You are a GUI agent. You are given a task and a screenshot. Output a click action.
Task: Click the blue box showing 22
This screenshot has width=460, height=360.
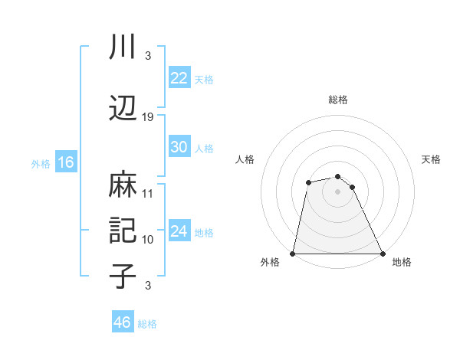(179, 78)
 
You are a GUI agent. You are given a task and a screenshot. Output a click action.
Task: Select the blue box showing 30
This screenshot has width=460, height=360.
(179, 147)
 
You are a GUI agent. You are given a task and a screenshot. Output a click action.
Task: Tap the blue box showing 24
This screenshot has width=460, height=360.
(179, 231)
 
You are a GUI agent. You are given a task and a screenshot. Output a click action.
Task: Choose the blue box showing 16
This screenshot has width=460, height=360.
(65, 162)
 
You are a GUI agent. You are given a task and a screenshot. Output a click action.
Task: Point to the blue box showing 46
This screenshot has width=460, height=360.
(123, 322)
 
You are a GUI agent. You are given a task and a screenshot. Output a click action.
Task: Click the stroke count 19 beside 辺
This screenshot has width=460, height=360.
(148, 117)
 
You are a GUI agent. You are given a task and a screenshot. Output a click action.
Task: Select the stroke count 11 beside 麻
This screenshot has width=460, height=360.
(148, 194)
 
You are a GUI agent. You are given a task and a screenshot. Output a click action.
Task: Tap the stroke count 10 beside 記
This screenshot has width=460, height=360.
(148, 240)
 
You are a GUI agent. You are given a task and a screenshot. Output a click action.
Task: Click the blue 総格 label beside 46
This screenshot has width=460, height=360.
(147, 324)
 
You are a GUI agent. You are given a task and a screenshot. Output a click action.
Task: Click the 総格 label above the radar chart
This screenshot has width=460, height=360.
(338, 100)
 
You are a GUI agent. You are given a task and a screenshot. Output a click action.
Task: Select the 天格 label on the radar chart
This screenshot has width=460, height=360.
(432, 159)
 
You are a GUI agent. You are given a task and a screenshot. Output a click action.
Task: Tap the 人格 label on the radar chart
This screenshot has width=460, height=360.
(245, 159)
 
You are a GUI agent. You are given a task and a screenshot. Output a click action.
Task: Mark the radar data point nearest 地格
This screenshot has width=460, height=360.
(383, 254)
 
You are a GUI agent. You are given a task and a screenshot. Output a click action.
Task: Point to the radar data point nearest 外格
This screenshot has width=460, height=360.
(293, 254)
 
